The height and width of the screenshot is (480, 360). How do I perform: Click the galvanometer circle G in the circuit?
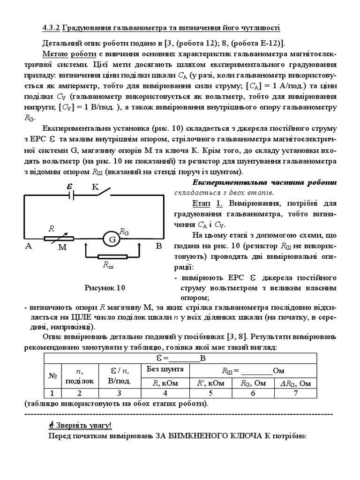[x=112, y=240]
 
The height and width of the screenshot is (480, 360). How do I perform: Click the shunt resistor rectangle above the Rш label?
[x=112, y=257]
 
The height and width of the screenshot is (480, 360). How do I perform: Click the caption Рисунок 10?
[x=105, y=287]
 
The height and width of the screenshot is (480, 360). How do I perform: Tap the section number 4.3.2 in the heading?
[x=51, y=28]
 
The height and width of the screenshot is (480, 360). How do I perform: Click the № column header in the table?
[x=52, y=376]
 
